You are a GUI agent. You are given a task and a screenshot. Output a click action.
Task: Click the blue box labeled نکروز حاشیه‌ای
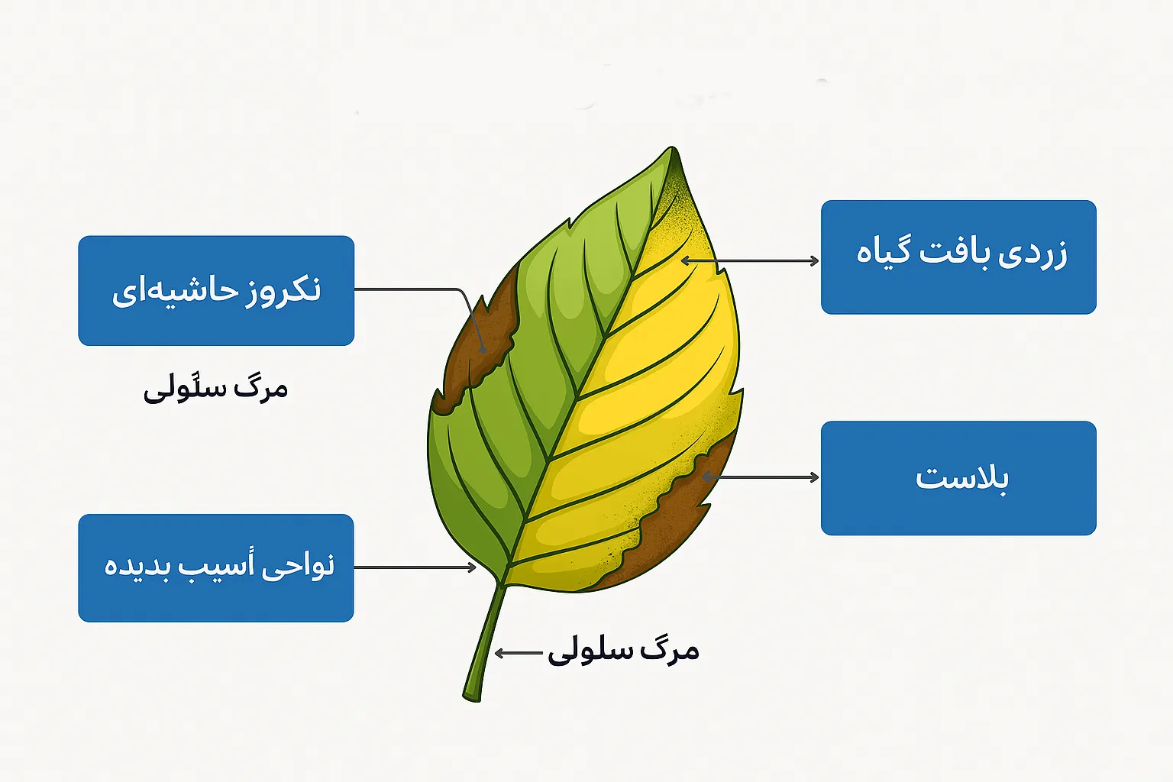click(216, 291)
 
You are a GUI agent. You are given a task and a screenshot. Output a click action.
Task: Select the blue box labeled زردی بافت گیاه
click(959, 257)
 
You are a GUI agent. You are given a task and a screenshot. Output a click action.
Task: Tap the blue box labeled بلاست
click(959, 478)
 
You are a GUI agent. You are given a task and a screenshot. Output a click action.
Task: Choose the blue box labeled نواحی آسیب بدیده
click(216, 567)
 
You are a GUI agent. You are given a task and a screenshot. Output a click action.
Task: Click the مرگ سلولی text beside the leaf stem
click(623, 652)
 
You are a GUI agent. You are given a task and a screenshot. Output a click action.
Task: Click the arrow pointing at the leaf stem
click(519, 653)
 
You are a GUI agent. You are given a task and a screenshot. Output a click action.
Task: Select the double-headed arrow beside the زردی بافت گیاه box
click(750, 260)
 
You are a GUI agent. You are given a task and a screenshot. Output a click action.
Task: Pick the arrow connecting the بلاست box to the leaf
click(761, 477)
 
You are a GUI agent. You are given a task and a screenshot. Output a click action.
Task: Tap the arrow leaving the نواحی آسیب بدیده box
click(415, 567)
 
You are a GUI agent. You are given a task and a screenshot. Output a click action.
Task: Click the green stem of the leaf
click(485, 645)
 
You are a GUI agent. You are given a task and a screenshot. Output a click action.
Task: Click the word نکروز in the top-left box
click(283, 289)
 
